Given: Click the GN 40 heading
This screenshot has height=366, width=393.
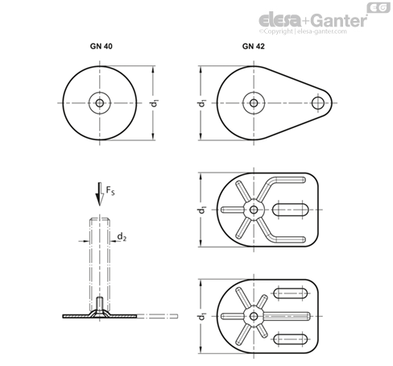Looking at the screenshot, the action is tap(101, 46).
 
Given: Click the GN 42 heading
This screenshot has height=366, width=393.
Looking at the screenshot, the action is tap(253, 46).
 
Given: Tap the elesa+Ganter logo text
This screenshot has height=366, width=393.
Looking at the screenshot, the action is tap(313, 20).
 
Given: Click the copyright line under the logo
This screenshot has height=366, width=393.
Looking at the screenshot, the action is tap(303, 31).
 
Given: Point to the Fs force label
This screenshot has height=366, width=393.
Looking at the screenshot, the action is tap(110, 190).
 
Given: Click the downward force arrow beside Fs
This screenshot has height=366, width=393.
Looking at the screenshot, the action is tap(100, 194).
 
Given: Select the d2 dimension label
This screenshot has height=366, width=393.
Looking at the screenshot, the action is tap(122, 237).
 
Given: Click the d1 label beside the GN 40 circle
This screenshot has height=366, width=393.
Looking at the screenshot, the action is tap(155, 103).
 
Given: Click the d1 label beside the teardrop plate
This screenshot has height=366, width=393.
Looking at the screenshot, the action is tap(202, 103).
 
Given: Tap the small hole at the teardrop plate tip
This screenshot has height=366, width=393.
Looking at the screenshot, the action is tap(318, 103).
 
